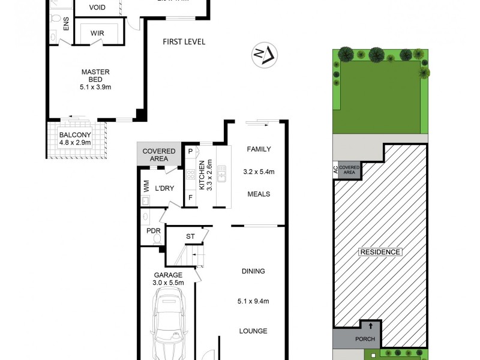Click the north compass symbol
coord(265,55)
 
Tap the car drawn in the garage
coord(172,325)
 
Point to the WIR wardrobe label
coord(98,34)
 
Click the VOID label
coord(98,8)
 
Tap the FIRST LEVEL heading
coord(184,42)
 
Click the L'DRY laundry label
coord(164,188)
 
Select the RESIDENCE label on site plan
coord(380,252)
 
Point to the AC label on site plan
coord(335,171)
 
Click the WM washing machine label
coord(145,187)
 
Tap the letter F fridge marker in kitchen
coord(191,197)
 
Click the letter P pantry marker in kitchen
coord(190,151)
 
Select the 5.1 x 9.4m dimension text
coord(253,301)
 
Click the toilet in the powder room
coord(158,238)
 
